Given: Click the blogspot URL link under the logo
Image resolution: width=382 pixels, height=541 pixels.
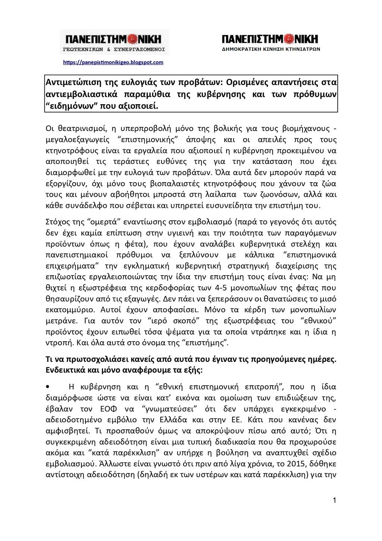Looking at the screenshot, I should pos(113,62).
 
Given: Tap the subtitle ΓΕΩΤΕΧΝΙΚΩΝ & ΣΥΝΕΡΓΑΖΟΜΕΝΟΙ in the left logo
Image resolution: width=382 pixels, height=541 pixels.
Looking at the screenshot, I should pos(114,49).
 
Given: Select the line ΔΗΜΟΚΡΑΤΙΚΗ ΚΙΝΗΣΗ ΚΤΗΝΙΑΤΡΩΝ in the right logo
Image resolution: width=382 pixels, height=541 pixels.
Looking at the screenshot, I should pos(270,49).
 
